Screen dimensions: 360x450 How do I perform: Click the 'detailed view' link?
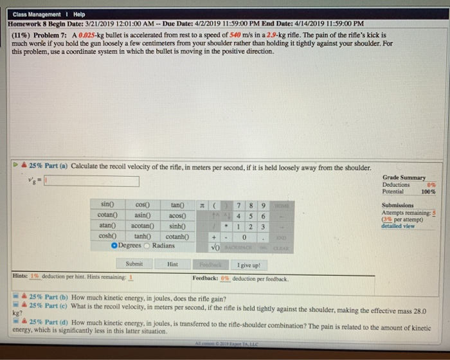pyautogui.click(x=398, y=226)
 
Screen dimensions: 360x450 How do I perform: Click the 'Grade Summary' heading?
pyautogui.click(x=404, y=177)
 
